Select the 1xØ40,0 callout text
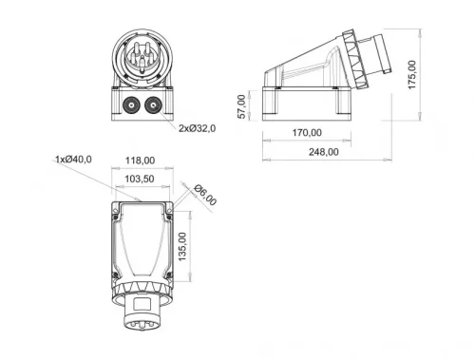(73, 159)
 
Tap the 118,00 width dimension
(141, 161)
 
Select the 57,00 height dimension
(241, 105)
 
